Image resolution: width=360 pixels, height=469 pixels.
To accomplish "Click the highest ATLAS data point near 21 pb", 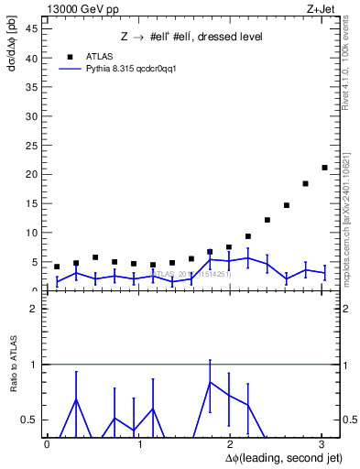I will (324, 168).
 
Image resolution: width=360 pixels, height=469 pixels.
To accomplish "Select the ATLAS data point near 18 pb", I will (305, 183).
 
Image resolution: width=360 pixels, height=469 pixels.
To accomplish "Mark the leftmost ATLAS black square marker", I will (57, 267).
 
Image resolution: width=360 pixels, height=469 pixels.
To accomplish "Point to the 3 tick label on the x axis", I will (321, 444).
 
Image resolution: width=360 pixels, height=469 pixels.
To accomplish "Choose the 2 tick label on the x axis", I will (230, 444).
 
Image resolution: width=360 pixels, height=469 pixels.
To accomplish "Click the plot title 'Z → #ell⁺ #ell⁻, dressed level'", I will (192, 37).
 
